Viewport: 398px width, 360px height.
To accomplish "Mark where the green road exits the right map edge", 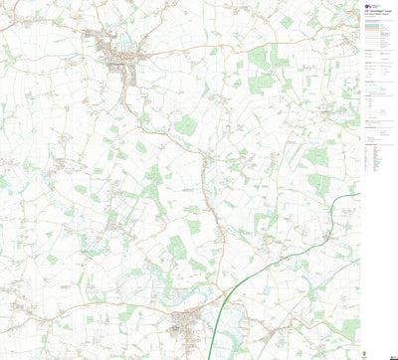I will pyautogui.click(x=359, y=194).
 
